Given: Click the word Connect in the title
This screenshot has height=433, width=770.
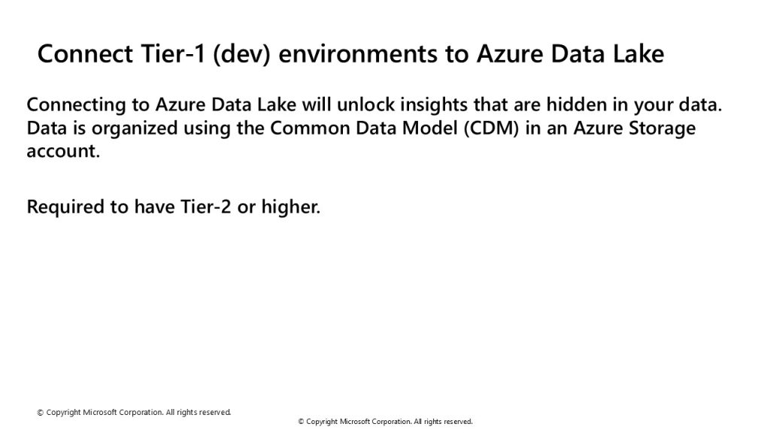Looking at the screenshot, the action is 85,53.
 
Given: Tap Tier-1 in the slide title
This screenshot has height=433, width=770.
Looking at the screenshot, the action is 173,53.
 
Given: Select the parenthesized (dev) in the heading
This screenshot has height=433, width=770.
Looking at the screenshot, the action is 241,54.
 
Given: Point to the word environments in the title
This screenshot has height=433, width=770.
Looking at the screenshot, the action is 357,54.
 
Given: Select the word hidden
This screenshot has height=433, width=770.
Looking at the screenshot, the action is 577,104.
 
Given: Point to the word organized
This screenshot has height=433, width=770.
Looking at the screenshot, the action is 135,129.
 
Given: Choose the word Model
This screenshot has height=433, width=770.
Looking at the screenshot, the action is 429,128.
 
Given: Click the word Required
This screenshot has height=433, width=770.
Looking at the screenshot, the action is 65,207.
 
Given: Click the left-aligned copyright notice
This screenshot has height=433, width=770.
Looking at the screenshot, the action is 134,413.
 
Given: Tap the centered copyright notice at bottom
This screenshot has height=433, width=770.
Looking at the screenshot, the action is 386,421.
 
